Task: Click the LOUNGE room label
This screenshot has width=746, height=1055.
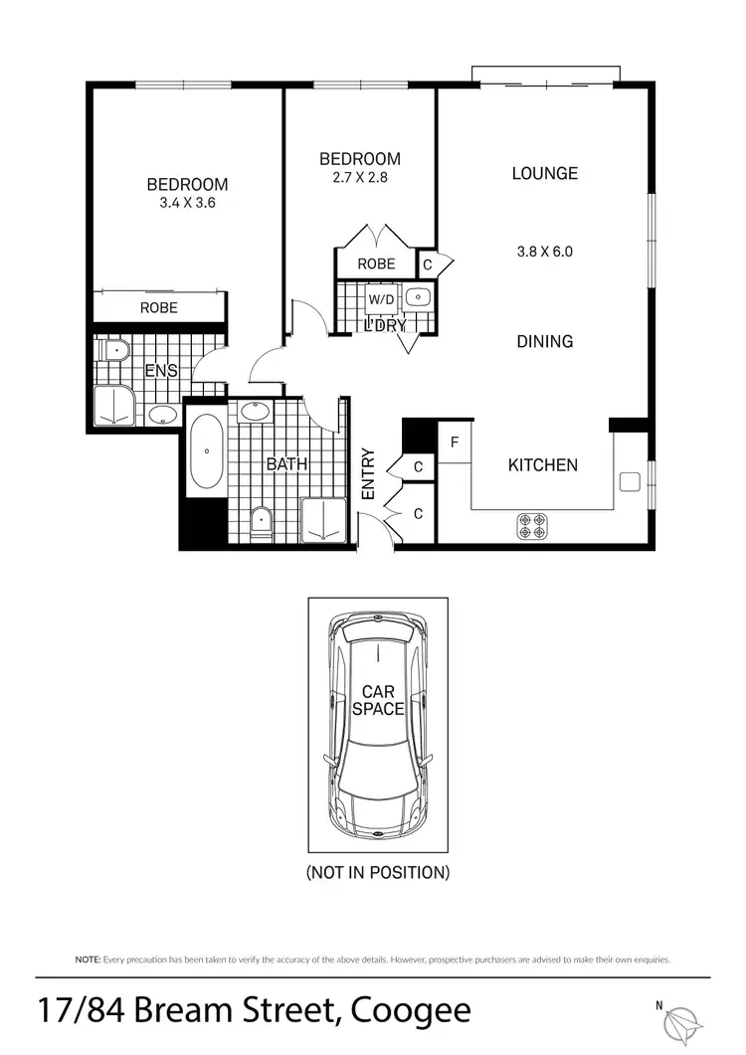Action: (544, 173)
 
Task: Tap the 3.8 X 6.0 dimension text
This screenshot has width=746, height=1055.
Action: (544, 252)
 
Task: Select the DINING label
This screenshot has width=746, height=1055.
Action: (544, 341)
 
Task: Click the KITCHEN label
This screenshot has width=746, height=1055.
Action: (542, 464)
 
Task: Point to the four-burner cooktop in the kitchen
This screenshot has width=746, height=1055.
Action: (532, 525)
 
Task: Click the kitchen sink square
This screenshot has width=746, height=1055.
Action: (628, 482)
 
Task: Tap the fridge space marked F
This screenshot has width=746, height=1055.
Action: (455, 442)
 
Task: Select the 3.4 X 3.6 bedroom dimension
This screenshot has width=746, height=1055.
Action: (187, 202)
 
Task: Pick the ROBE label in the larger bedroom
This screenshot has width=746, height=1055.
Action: (159, 307)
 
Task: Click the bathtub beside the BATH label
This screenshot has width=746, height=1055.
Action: (206, 451)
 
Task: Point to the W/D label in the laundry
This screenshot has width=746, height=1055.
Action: (380, 297)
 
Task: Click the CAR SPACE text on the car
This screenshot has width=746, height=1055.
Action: (378, 700)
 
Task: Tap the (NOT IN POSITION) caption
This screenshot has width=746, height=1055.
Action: (378, 873)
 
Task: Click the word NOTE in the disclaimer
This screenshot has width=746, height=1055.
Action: (87, 960)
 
